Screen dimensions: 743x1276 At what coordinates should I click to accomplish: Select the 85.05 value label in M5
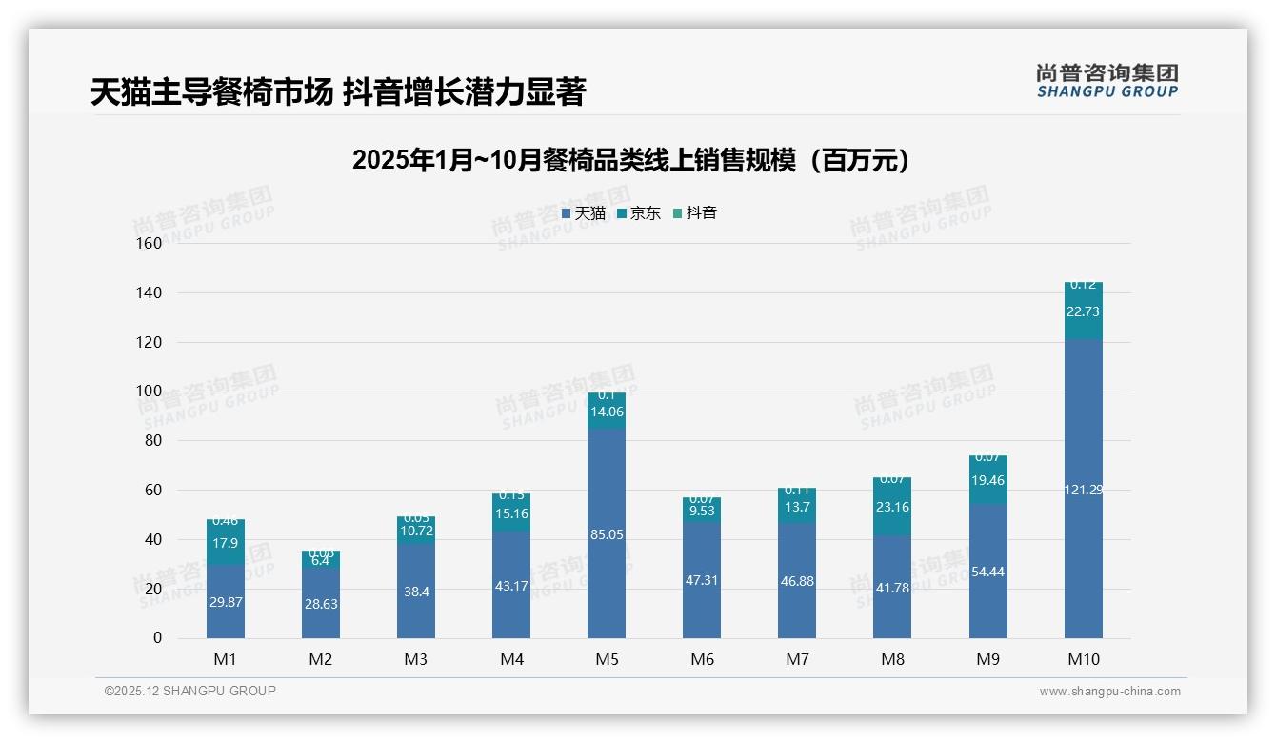click(607, 534)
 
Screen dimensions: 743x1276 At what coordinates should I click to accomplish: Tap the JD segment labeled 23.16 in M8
click(892, 507)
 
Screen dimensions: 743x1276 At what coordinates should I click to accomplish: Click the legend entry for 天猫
click(584, 213)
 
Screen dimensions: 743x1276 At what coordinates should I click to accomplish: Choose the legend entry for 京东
click(639, 213)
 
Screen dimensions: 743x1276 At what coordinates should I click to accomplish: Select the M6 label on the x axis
click(702, 659)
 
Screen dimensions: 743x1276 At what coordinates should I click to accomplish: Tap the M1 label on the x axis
click(226, 659)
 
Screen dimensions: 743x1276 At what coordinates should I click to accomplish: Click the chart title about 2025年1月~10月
click(630, 160)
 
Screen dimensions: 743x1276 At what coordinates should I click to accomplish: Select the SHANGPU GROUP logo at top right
click(1107, 81)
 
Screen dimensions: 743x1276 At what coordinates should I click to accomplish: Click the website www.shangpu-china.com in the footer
click(1109, 692)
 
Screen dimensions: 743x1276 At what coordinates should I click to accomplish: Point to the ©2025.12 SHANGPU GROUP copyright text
click(190, 691)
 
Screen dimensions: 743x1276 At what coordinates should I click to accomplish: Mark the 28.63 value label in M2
click(321, 604)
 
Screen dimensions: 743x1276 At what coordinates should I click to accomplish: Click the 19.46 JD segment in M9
click(987, 481)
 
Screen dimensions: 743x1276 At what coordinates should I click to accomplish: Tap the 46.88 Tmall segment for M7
click(797, 580)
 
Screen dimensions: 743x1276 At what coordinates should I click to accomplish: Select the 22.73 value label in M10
click(1083, 311)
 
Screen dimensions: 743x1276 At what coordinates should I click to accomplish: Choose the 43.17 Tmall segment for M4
click(511, 585)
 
